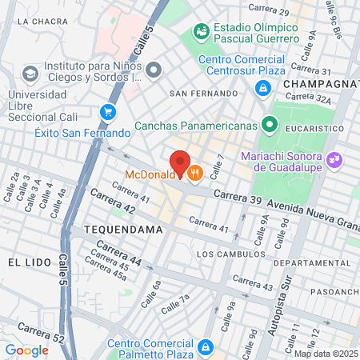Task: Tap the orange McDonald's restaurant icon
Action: click(x=194, y=172)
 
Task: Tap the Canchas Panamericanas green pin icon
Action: click(x=270, y=125)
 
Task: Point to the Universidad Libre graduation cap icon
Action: click(x=30, y=74)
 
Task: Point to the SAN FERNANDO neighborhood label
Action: click(x=203, y=94)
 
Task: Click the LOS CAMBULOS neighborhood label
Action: click(x=228, y=254)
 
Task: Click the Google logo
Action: click(x=26, y=350)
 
